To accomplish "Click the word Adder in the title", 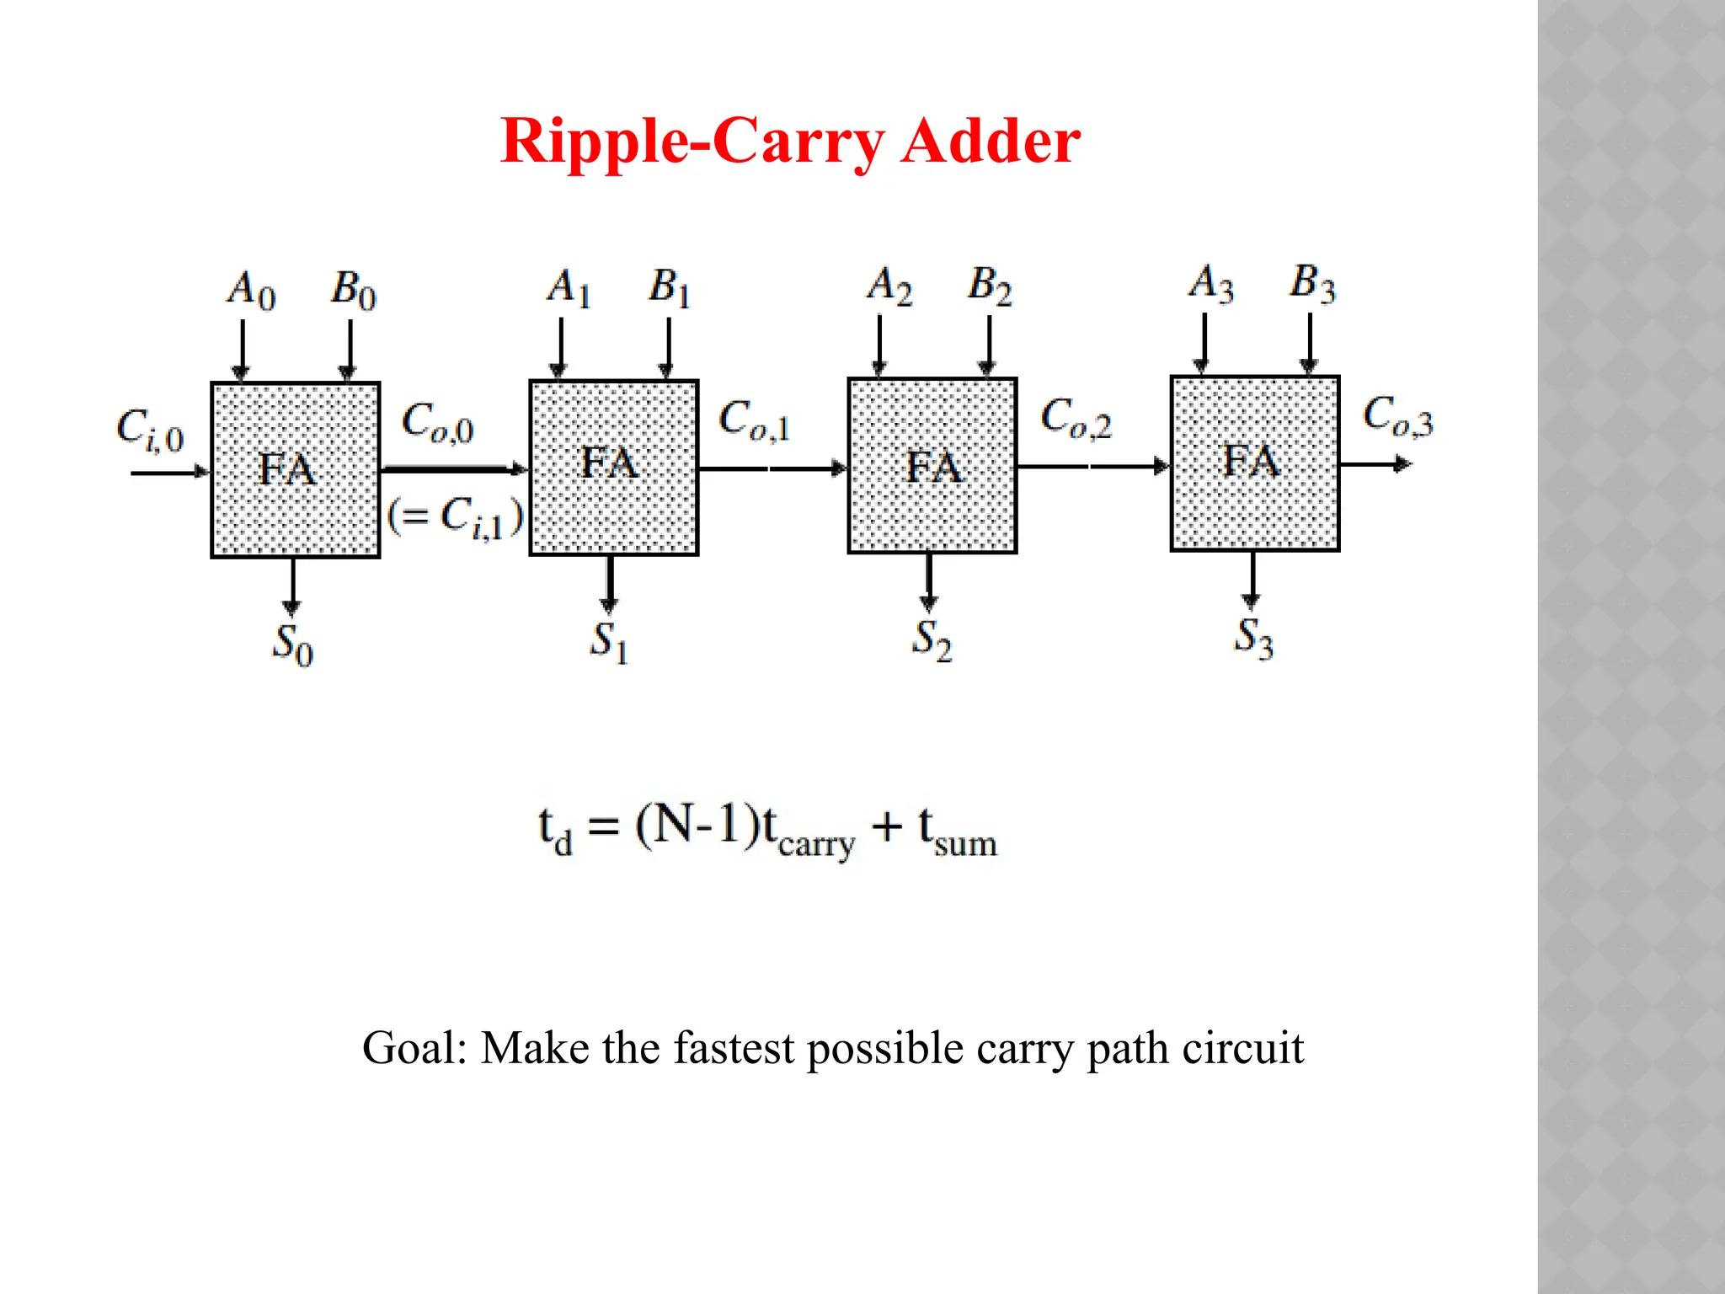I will [x=991, y=142].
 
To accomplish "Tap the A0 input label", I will [x=251, y=291].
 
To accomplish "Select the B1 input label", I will [x=670, y=287].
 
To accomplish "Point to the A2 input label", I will [x=889, y=286].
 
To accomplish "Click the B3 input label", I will [x=1312, y=284].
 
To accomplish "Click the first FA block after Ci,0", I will [x=295, y=469].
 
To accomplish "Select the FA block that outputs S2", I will [x=932, y=466].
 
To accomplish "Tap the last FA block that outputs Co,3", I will [x=1254, y=463].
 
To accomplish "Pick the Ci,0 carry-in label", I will [x=150, y=430].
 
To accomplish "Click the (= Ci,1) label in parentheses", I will [x=455, y=516].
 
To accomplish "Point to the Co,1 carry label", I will [x=754, y=420].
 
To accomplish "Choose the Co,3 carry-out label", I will [x=1397, y=416].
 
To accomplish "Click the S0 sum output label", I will [x=292, y=645].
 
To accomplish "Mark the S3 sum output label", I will [x=1253, y=638].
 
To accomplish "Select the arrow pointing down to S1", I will [x=610, y=583].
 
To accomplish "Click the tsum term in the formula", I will [x=957, y=831].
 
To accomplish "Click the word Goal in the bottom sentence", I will [x=413, y=1049].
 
